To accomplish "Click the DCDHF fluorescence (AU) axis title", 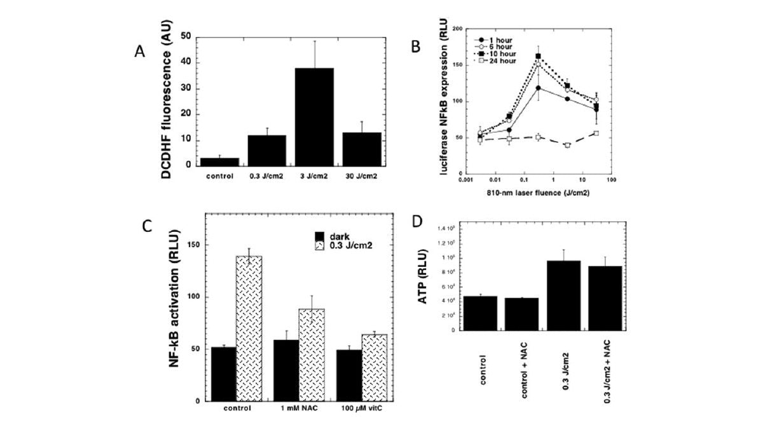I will pos(166,100).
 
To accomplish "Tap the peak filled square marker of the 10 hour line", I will pos(538,56).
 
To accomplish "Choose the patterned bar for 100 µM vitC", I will pos(374,367).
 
